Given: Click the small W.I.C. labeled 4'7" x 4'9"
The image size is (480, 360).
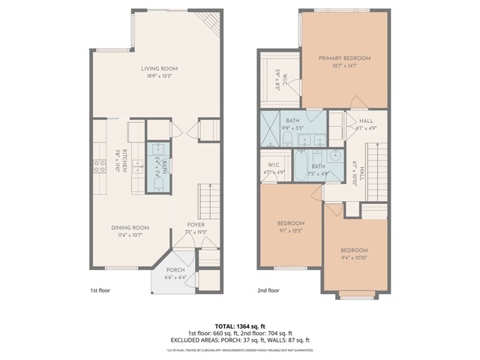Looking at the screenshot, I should [x=274, y=169].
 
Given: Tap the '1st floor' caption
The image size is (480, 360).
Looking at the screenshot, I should [x=99, y=288].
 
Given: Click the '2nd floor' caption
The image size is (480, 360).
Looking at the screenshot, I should [x=268, y=288].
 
